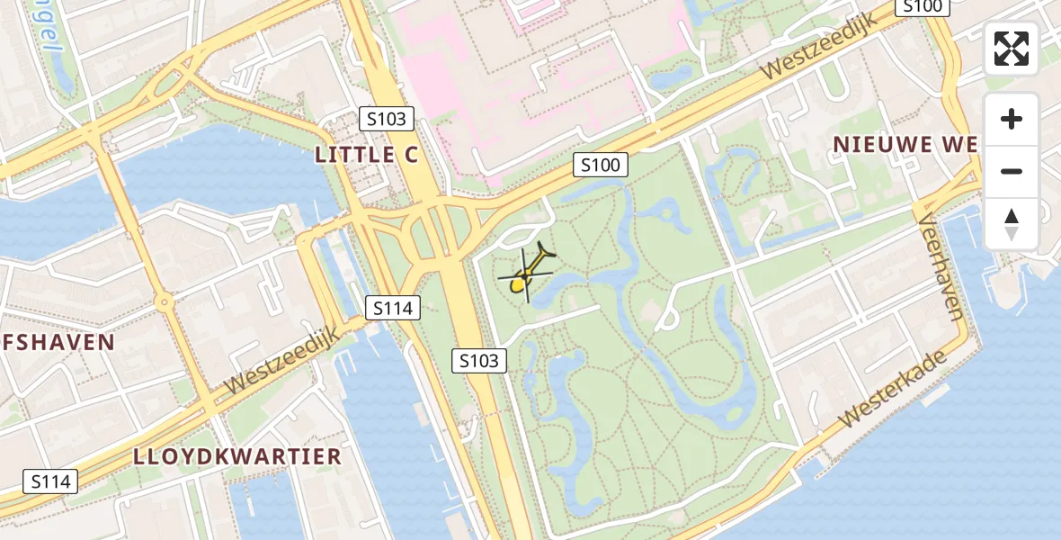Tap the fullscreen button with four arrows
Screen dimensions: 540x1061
[x=1012, y=49]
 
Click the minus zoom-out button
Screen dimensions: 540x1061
[x=1012, y=171]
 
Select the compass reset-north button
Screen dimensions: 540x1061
[x=1012, y=224]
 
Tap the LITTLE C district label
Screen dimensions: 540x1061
[x=366, y=155]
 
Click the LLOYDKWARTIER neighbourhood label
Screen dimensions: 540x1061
[x=237, y=456]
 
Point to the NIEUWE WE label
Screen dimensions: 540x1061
[x=905, y=144]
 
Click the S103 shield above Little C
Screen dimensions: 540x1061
[x=388, y=118]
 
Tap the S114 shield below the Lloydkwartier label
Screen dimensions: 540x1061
[x=50, y=481]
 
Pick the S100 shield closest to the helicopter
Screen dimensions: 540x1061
[x=600, y=165]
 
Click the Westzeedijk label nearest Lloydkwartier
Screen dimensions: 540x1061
[x=281, y=360]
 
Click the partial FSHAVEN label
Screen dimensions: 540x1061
[x=58, y=342]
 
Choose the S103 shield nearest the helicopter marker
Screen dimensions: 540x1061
[x=478, y=361]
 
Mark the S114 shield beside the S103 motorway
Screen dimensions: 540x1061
[x=393, y=308]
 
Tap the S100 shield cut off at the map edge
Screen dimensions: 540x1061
[x=923, y=7]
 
